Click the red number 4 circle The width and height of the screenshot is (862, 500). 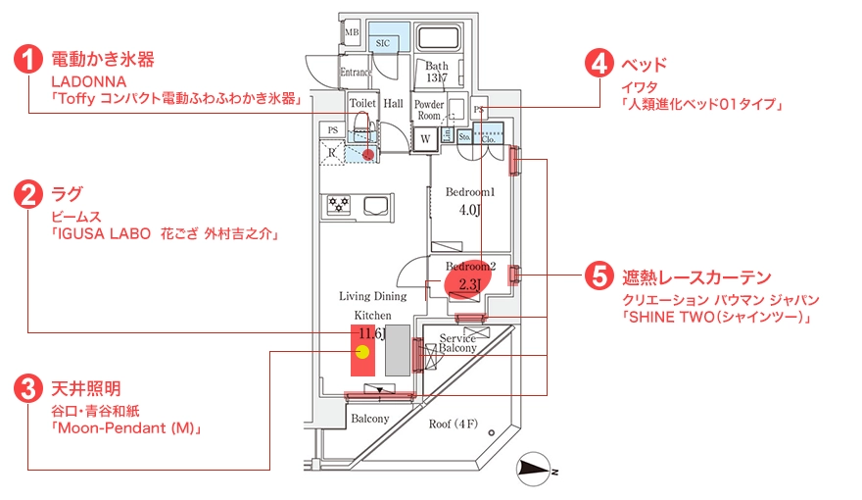click(x=599, y=65)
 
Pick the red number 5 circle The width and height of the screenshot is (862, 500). click(x=599, y=276)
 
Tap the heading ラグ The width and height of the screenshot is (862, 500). click(x=67, y=193)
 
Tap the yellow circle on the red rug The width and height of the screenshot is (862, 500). click(x=361, y=351)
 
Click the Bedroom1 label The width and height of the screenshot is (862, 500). click(x=470, y=192)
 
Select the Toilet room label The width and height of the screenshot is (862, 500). click(x=362, y=103)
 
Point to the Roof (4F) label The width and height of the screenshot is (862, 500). click(x=454, y=425)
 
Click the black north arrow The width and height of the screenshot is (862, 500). click(x=534, y=470)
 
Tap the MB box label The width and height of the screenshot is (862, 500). click(x=352, y=33)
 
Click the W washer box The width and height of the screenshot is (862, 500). click(x=426, y=139)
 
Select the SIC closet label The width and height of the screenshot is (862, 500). click(x=383, y=44)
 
